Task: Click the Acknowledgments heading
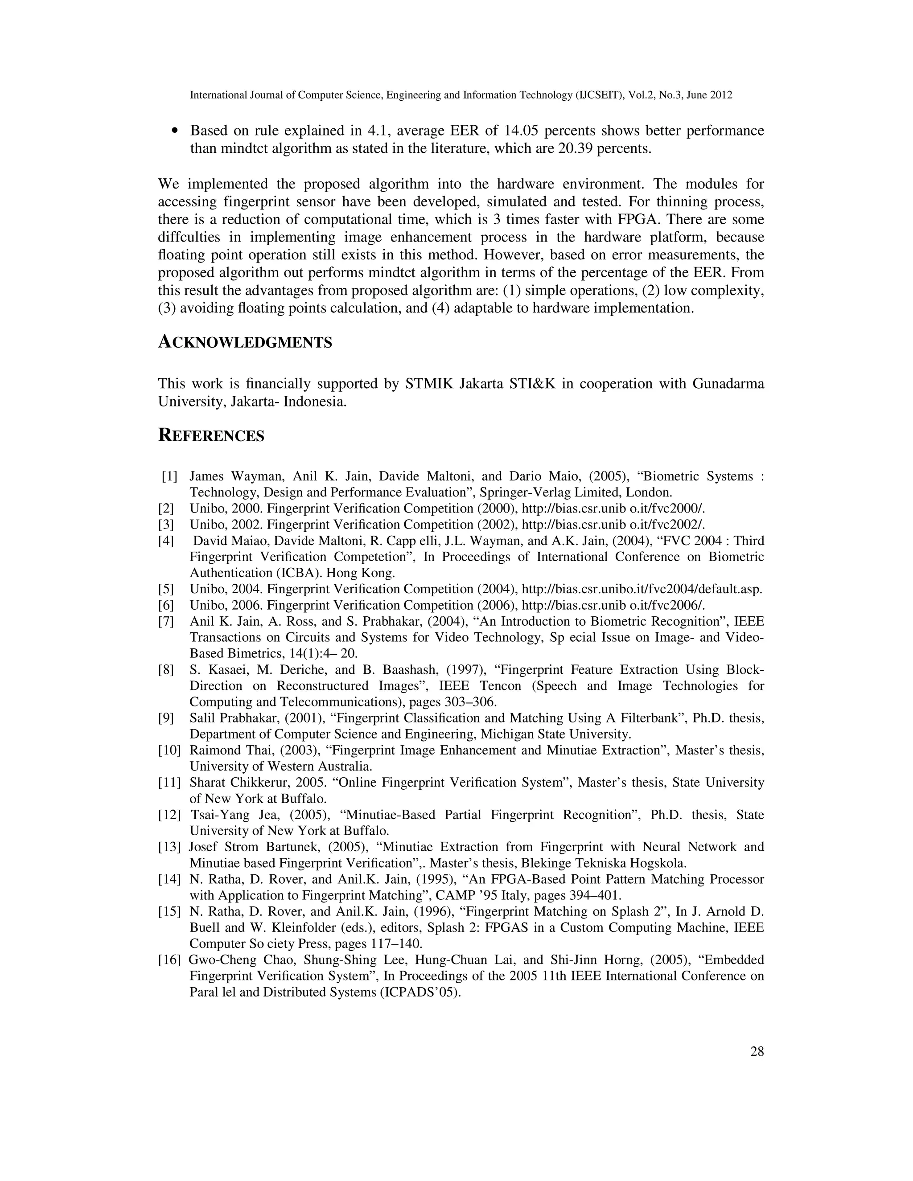(245, 342)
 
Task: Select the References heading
(211, 436)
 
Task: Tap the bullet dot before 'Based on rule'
(174, 131)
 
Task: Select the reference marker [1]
(169, 476)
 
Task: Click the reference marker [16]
(169, 960)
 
